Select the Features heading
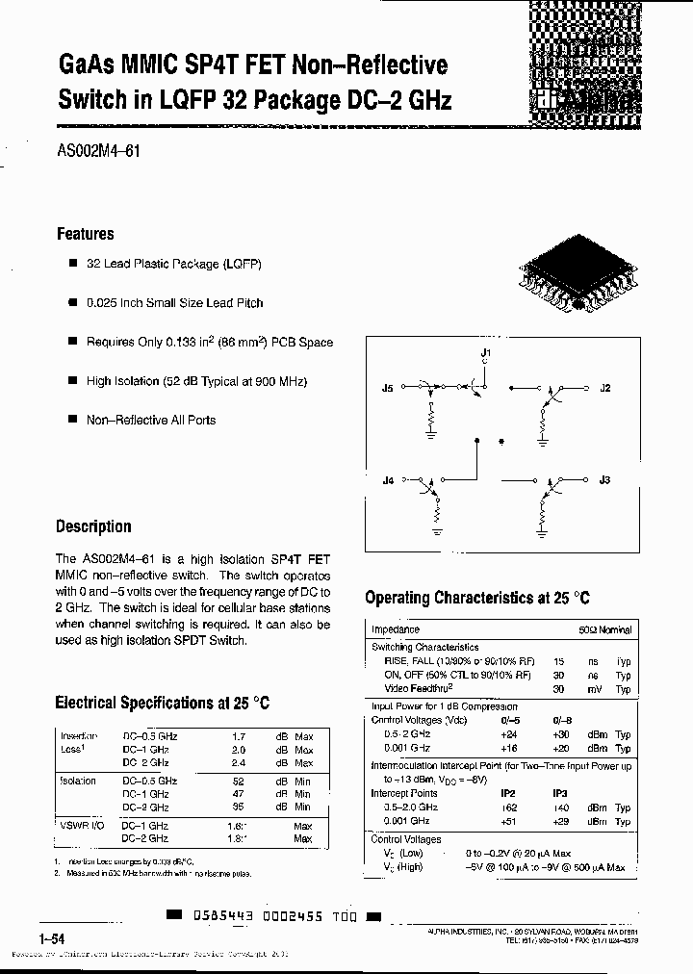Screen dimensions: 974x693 [85, 234]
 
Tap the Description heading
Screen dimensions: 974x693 [93, 526]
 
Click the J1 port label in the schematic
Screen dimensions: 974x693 [486, 354]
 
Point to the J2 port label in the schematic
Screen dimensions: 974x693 [604, 389]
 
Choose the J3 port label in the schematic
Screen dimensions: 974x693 [604, 478]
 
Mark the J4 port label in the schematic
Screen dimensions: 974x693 [388, 478]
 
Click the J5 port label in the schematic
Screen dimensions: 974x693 [388, 389]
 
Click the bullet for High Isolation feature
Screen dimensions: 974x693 [72, 381]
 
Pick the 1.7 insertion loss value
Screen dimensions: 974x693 [240, 736]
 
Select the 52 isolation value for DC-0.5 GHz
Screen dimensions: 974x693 [240, 782]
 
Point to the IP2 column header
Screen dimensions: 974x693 [508, 793]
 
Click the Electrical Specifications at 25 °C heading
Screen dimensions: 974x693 [162, 703]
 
